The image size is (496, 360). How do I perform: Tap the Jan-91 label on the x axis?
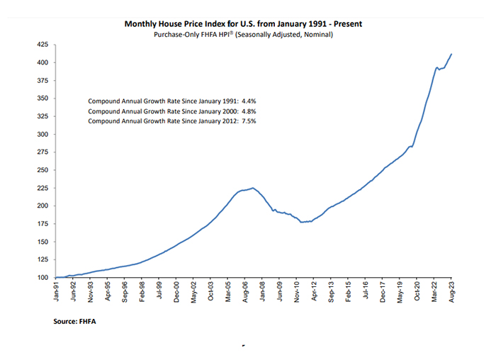click(x=57, y=292)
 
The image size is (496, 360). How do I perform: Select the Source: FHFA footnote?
click(x=74, y=321)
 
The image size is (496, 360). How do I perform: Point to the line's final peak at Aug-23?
click(x=452, y=54)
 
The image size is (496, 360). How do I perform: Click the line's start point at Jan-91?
click(x=56, y=277)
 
